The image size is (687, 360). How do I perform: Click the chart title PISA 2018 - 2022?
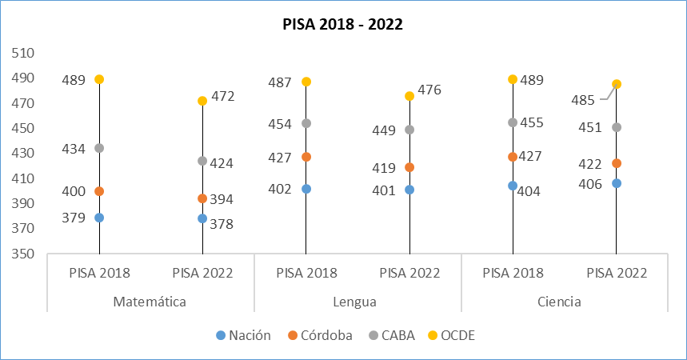342,24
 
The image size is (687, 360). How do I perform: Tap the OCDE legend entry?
458,335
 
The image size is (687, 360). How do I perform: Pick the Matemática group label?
150,302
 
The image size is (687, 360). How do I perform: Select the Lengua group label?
357,302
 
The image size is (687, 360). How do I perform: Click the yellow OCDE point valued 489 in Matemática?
99,79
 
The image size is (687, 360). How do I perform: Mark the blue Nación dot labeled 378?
202,218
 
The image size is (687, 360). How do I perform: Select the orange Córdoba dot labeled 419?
409,167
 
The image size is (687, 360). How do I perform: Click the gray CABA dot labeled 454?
306,123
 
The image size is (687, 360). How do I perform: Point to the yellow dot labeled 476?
409,96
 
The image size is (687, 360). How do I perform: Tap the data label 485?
583,101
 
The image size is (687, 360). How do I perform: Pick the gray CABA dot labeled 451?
616,127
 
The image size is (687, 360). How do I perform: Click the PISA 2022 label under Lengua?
409,273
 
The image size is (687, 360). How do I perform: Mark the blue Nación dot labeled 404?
513,186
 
